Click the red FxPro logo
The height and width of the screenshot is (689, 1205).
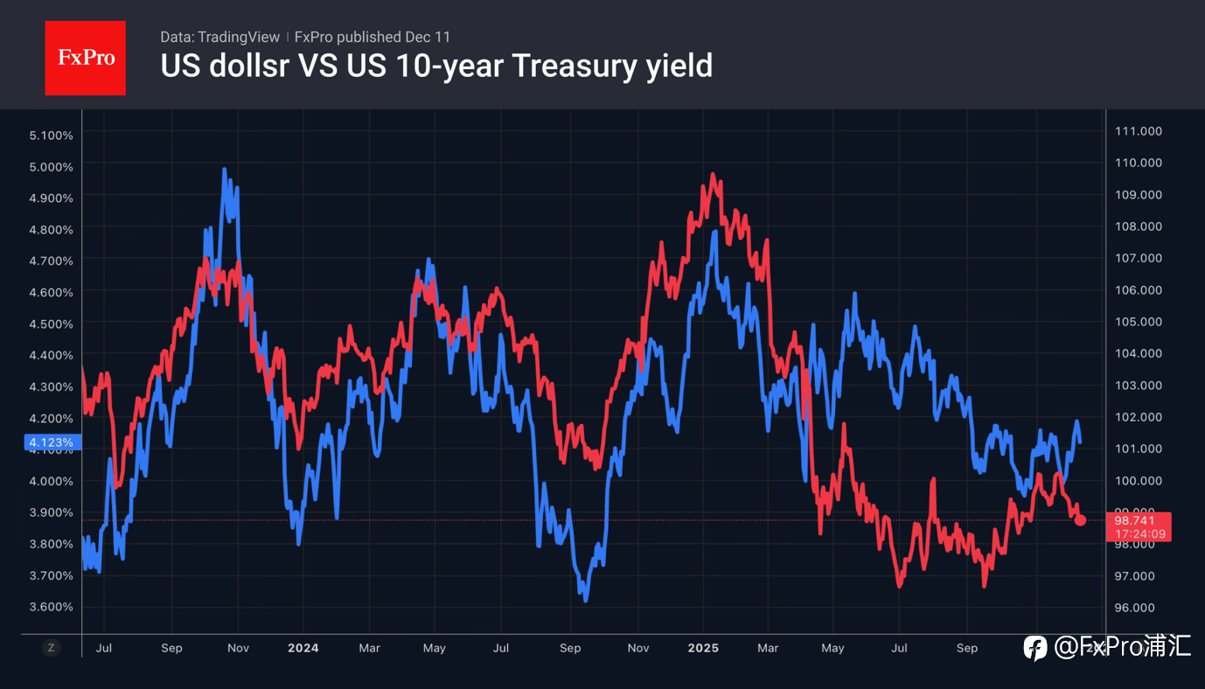[x=85, y=58]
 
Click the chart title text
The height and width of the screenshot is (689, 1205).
[x=435, y=66]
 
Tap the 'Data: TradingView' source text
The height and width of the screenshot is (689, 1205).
[x=219, y=37]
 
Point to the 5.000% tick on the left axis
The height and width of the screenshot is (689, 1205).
[x=51, y=166]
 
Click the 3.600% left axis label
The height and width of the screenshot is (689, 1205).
[x=51, y=607]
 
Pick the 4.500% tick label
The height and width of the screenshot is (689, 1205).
[x=51, y=324]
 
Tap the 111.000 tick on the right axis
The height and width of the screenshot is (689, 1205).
[x=1138, y=131]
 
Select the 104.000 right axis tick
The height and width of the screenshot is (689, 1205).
[x=1138, y=353]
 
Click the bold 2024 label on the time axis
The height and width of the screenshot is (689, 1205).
[x=303, y=648]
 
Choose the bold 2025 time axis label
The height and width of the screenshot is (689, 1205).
[x=703, y=648]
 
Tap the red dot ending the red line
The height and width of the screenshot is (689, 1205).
[x=1081, y=520]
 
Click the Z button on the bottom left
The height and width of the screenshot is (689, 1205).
[x=52, y=648]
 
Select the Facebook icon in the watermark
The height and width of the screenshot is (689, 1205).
[x=1035, y=648]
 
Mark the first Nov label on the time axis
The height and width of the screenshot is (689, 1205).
[x=238, y=648]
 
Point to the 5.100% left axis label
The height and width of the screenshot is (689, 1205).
[x=51, y=135]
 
